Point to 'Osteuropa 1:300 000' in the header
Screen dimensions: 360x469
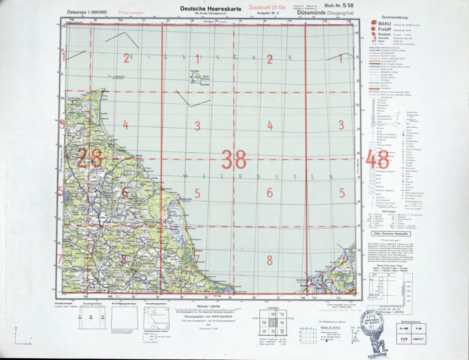pyautogui.click(x=86, y=12)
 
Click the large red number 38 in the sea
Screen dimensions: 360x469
pyautogui.click(x=234, y=160)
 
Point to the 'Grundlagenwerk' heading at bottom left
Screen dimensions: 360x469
pyautogui.click(x=64, y=303)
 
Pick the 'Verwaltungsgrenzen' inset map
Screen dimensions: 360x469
pyautogui.click(x=156, y=318)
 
